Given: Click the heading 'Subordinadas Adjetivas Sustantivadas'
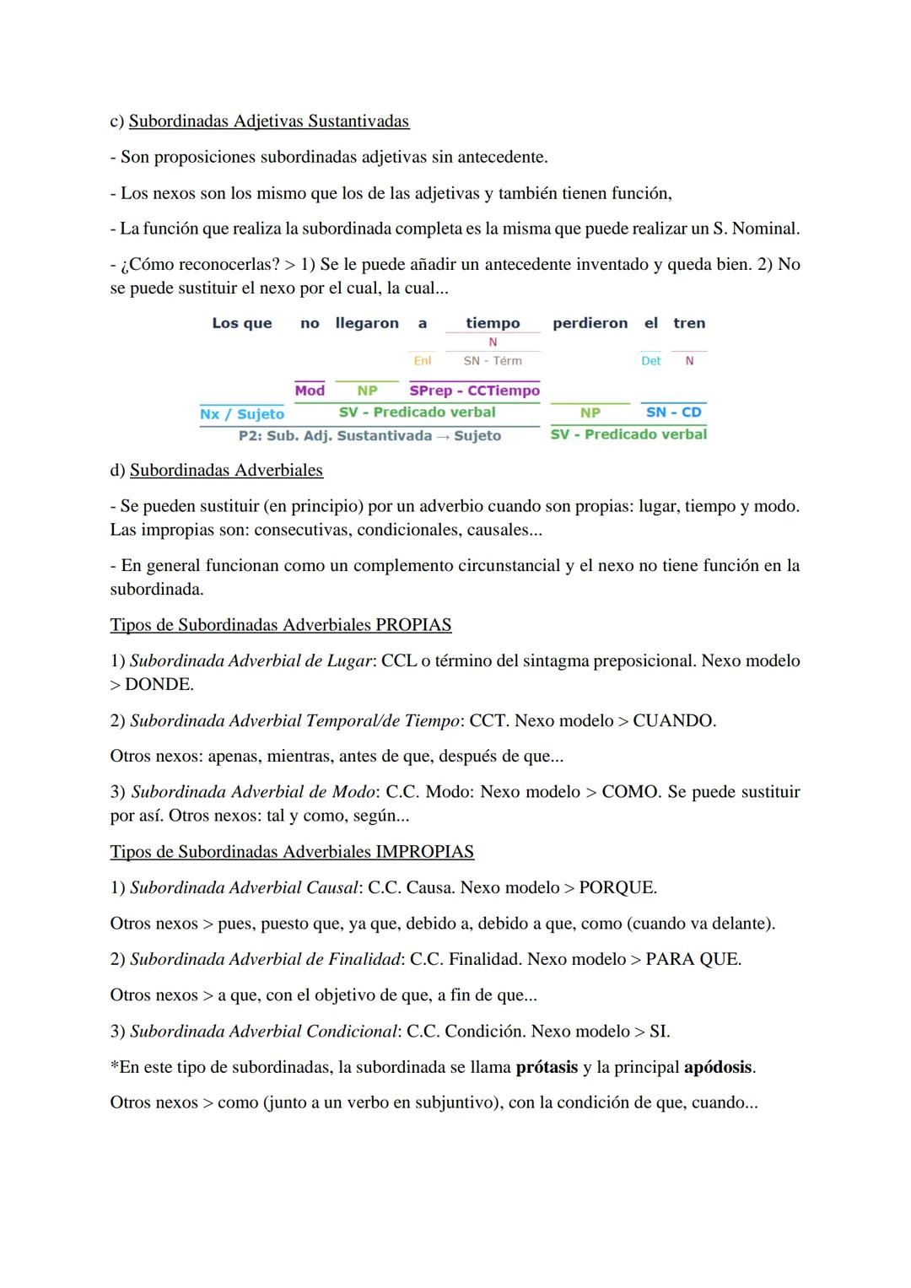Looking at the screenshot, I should [268, 121].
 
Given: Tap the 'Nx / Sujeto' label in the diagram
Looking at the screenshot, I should [242, 413].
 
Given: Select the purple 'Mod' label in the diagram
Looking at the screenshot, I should [310, 391].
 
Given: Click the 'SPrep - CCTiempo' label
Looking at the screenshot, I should [474, 391].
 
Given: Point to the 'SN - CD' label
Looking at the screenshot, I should [673, 412].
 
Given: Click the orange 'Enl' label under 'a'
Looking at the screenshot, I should [422, 361].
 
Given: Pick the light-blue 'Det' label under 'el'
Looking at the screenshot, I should [650, 361].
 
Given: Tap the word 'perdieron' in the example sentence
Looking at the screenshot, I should [590, 323].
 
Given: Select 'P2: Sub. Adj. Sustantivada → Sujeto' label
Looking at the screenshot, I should [369, 435].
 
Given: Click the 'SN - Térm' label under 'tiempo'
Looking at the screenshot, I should [493, 361].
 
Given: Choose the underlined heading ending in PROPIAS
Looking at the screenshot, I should [280, 625].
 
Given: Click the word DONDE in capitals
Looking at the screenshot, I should [159, 684].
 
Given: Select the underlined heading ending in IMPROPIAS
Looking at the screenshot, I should [292, 851].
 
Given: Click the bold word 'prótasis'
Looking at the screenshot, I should [547, 1067].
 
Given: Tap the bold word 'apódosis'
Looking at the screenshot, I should [717, 1067].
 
